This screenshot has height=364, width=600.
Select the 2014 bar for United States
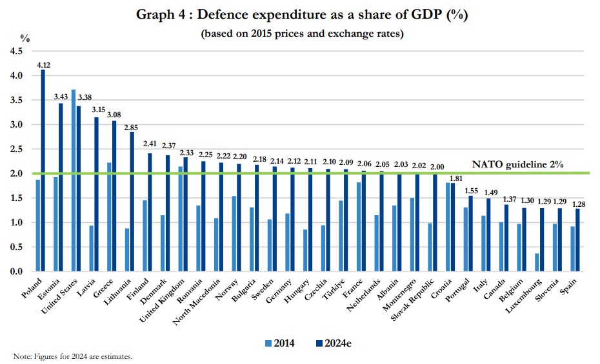pos(74,180)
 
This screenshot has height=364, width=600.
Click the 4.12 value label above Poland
pos(44,65)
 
